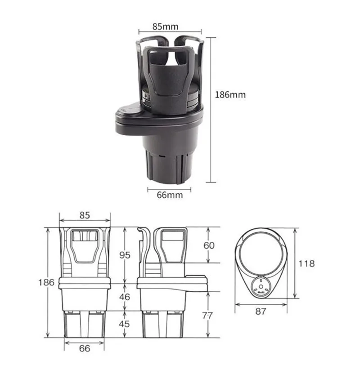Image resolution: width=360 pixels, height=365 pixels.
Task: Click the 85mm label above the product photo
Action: click(x=166, y=27)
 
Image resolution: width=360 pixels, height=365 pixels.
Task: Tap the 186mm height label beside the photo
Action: click(x=230, y=95)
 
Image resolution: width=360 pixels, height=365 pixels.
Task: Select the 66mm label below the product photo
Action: click(x=170, y=195)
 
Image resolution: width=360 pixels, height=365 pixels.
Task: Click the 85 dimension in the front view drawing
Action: click(x=85, y=215)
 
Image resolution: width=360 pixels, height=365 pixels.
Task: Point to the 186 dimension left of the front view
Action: click(x=46, y=282)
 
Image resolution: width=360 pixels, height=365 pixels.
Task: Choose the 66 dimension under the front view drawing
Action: click(x=85, y=348)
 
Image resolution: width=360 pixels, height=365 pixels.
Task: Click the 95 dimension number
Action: click(x=125, y=255)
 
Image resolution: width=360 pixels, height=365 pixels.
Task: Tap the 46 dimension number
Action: click(x=125, y=297)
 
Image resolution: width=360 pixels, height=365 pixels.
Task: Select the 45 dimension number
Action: click(x=124, y=324)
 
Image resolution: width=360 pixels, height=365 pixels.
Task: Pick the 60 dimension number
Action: click(x=209, y=245)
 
